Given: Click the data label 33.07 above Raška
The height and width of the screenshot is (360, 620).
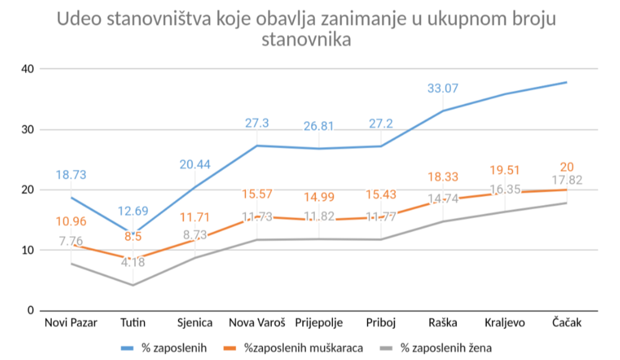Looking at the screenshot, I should pos(442,88).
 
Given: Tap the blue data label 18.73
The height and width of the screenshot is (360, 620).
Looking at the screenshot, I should pos(71,175).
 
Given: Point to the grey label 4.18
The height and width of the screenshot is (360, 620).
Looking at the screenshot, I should pos(133,262).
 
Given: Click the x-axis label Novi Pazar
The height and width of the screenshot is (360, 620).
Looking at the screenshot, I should pos(71,323).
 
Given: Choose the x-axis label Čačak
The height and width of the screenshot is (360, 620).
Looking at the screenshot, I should pos(567,323).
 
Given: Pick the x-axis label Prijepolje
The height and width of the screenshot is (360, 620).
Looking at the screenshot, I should pos(319,323).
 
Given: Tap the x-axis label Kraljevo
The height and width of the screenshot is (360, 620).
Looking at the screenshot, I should pos(505,323).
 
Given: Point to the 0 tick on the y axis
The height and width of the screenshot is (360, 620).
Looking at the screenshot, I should pos(31,310).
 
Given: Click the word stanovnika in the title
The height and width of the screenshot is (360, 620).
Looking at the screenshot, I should pos(306,40).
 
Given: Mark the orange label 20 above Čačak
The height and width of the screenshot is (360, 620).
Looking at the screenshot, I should pos(567,167).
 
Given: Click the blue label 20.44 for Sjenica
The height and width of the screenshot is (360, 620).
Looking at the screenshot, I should pos(195,164).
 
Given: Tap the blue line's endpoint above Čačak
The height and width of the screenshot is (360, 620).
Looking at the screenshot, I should pos(567,82).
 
